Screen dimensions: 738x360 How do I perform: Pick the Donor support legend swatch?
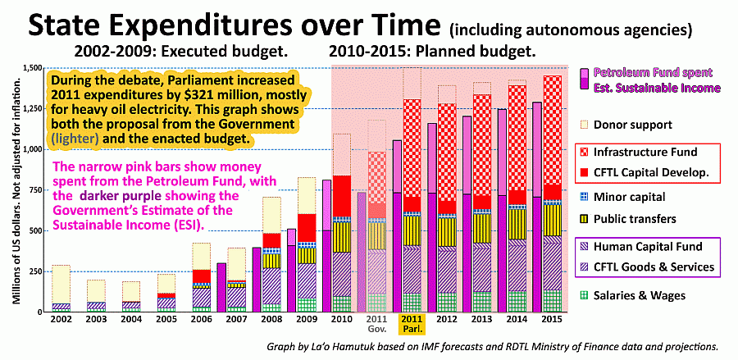pos(583,125)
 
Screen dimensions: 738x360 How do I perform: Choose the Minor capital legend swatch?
pos(583,197)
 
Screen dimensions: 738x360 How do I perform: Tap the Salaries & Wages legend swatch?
pos(583,296)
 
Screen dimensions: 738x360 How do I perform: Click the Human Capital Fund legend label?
pos(648,246)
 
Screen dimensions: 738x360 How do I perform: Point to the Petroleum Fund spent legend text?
pos(653,72)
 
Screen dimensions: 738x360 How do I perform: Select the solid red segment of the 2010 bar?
pos(342,196)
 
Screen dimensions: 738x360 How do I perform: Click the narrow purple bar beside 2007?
pos(221,288)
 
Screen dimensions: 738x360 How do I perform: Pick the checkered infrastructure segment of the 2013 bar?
pos(482,145)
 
